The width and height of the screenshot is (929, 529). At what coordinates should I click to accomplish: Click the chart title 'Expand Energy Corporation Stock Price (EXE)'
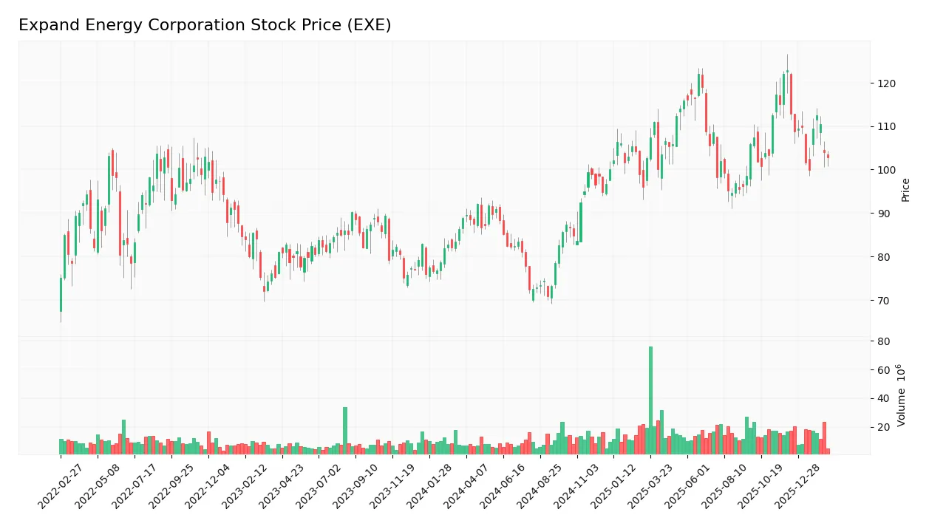point(205,25)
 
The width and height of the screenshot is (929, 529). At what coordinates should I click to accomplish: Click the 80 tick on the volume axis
point(882,341)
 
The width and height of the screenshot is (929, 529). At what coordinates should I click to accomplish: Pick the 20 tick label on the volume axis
point(882,428)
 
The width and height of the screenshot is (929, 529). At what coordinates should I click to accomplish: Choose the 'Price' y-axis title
point(905,190)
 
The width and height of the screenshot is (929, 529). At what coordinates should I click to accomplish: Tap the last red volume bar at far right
point(828,451)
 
